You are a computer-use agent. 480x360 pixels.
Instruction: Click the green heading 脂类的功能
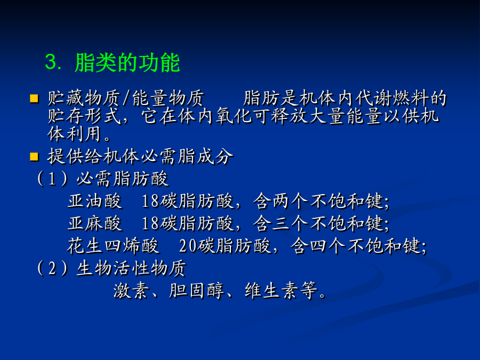pyautogui.click(x=127, y=62)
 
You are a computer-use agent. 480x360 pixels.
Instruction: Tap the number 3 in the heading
pyautogui.click(x=51, y=62)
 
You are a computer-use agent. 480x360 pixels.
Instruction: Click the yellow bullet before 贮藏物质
pyautogui.click(x=34, y=99)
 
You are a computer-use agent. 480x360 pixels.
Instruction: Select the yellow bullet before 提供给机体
pyautogui.click(x=34, y=156)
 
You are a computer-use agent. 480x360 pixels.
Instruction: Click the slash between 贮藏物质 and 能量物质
pyautogui.click(x=127, y=99)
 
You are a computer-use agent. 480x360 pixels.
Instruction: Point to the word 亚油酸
pyautogui.click(x=95, y=201)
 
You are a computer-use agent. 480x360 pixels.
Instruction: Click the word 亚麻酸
pyautogui.click(x=95, y=223)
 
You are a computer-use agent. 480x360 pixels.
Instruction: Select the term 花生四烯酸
pyautogui.click(x=113, y=245)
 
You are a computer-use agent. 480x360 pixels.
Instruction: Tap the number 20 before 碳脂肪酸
pyautogui.click(x=187, y=246)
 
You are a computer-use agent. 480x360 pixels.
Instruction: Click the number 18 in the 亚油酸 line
pyautogui.click(x=150, y=201)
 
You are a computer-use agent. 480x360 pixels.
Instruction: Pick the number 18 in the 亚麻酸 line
pyautogui.click(x=150, y=223)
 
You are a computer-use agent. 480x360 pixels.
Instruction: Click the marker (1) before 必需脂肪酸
pyautogui.click(x=52, y=179)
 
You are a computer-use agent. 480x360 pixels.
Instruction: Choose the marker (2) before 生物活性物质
pyautogui.click(x=52, y=268)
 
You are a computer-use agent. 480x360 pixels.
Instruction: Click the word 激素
pyautogui.click(x=132, y=290)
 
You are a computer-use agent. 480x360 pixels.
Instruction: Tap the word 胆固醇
pyautogui.click(x=196, y=290)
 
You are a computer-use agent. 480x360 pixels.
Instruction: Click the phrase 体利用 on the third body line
pyautogui.click(x=74, y=134)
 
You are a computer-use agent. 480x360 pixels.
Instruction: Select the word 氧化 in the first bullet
pyautogui.click(x=234, y=116)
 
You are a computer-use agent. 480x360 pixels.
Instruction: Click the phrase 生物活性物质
pyautogui.click(x=131, y=268)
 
